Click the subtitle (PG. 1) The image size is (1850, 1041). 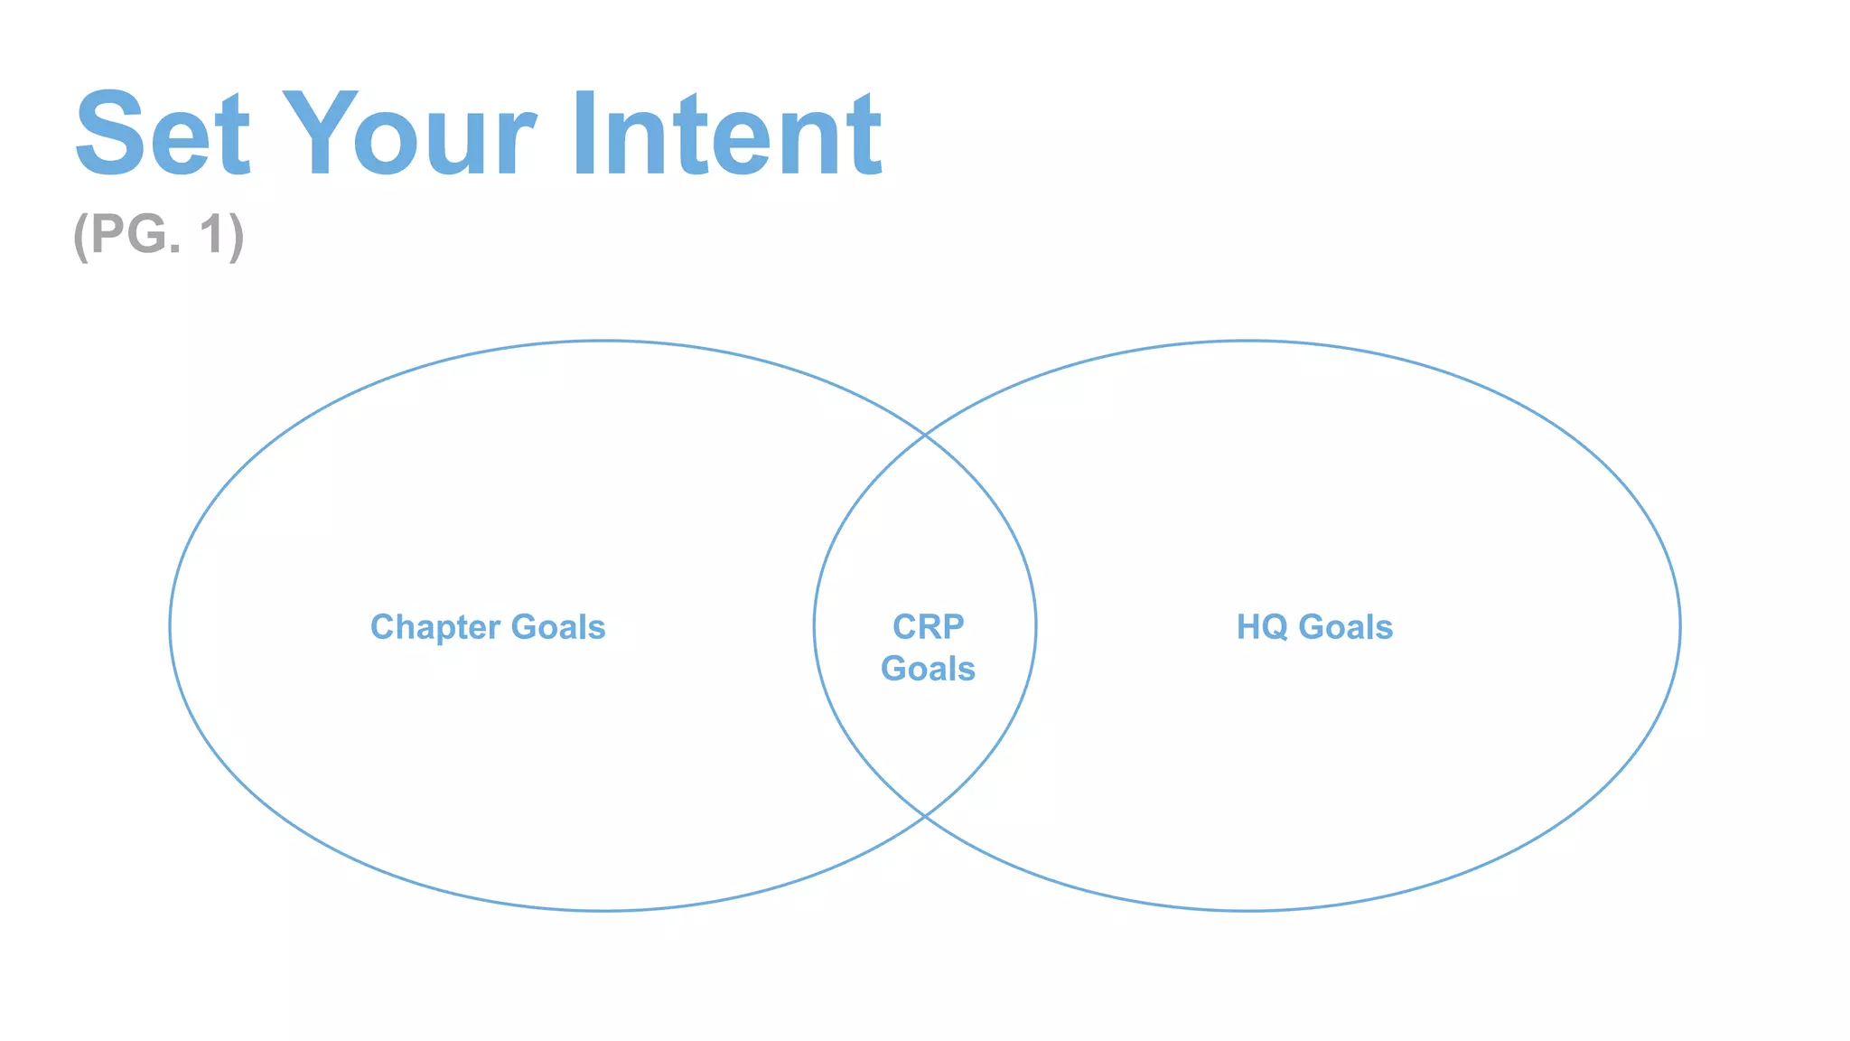159,235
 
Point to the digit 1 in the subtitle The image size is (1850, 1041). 212,235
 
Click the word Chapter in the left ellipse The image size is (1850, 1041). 435,627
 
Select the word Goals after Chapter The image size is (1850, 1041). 558,627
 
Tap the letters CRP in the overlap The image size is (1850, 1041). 928,626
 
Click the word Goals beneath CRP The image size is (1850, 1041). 928,669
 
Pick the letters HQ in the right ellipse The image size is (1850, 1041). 1261,627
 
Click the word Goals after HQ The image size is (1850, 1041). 1346,627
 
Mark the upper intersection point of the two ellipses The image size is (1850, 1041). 925,436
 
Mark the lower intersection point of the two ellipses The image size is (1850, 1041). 925,816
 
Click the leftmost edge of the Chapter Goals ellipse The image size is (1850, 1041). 170,625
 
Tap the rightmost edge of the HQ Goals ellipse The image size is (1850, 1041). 1680,625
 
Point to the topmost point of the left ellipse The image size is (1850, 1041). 603,341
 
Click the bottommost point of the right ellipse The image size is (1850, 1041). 1247,910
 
